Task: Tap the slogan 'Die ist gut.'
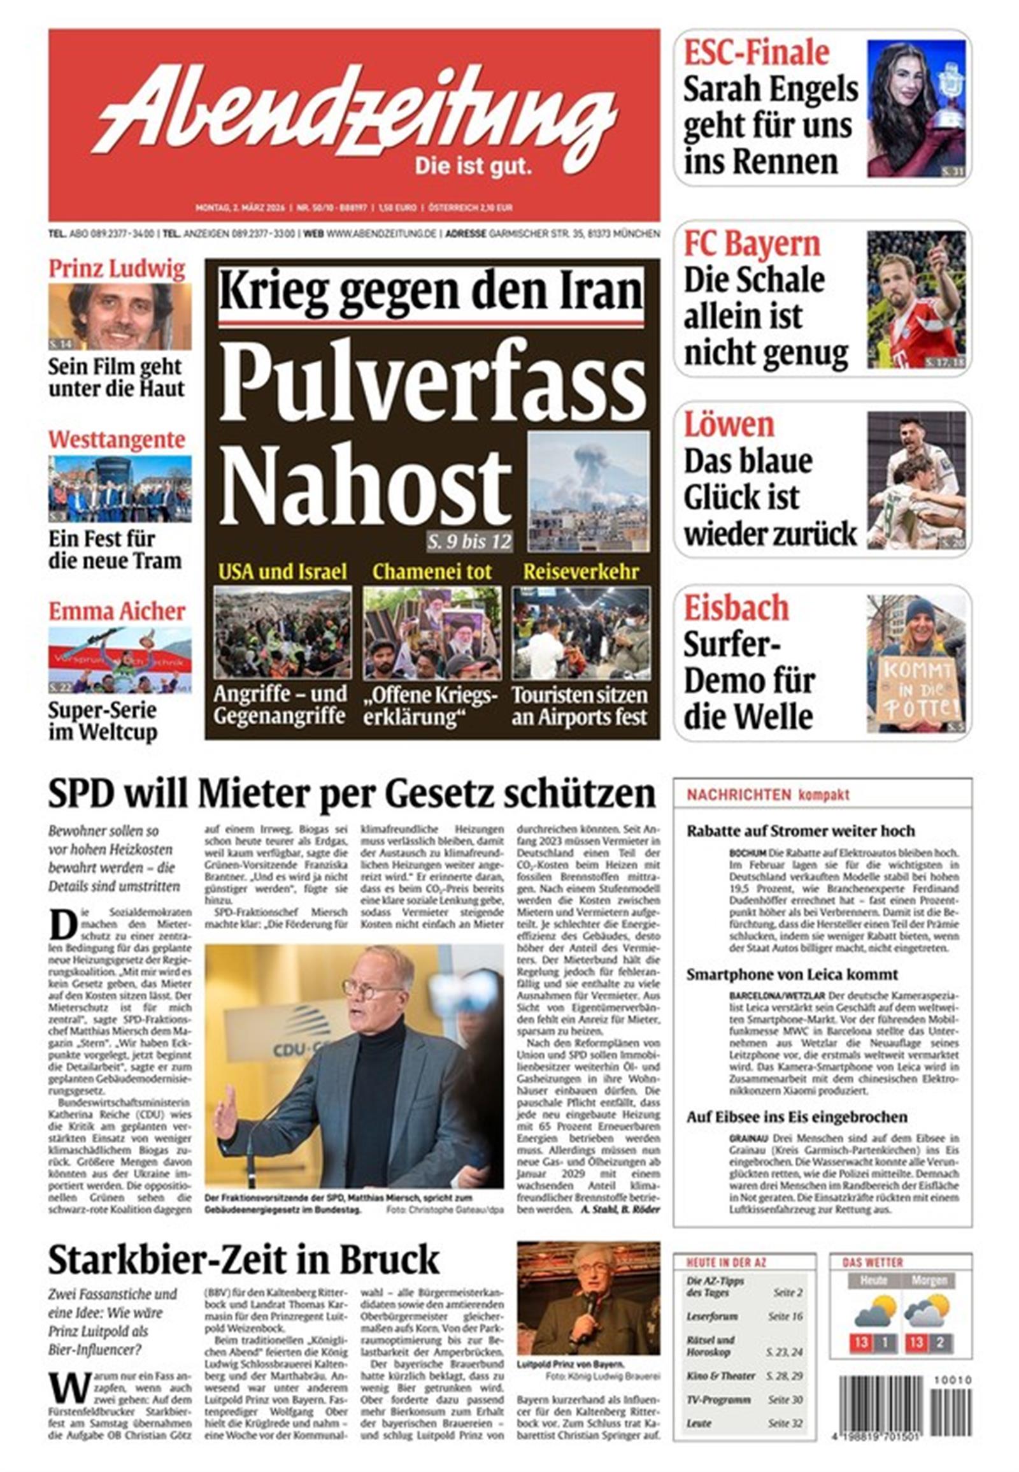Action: pos(473,168)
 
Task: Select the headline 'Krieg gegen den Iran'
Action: pos(432,290)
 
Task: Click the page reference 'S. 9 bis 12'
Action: pos(469,542)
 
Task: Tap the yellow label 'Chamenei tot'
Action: pos(432,571)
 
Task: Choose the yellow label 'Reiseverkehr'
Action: pos(580,571)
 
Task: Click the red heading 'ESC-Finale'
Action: pos(757,52)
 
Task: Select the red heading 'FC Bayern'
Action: pos(752,244)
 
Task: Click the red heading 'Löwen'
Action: pos(729,425)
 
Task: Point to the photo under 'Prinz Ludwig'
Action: pos(120,317)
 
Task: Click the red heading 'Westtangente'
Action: pos(117,440)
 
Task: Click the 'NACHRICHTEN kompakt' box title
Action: pos(767,795)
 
